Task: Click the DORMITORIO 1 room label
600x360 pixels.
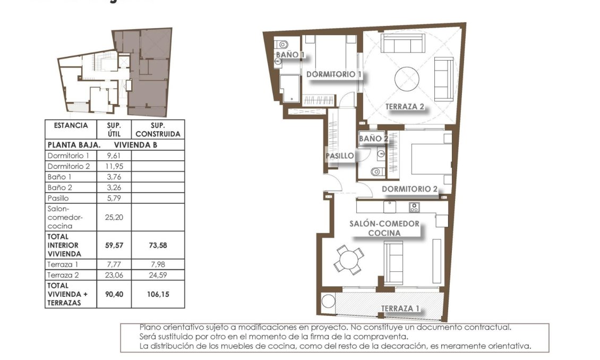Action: (x=334, y=75)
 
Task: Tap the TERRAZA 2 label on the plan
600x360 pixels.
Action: (x=405, y=107)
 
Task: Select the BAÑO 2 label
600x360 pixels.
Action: (x=373, y=139)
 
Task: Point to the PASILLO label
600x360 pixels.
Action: (x=339, y=156)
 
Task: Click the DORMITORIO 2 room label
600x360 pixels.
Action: (x=409, y=189)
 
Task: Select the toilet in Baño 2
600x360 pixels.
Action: (x=376, y=172)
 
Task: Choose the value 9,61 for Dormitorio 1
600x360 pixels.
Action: (x=114, y=156)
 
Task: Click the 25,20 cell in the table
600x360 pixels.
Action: (x=114, y=217)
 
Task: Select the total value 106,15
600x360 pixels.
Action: (x=158, y=294)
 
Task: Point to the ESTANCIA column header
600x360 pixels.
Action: (x=71, y=126)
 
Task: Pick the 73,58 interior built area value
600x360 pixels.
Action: (x=158, y=245)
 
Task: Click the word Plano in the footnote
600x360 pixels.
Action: (x=150, y=328)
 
